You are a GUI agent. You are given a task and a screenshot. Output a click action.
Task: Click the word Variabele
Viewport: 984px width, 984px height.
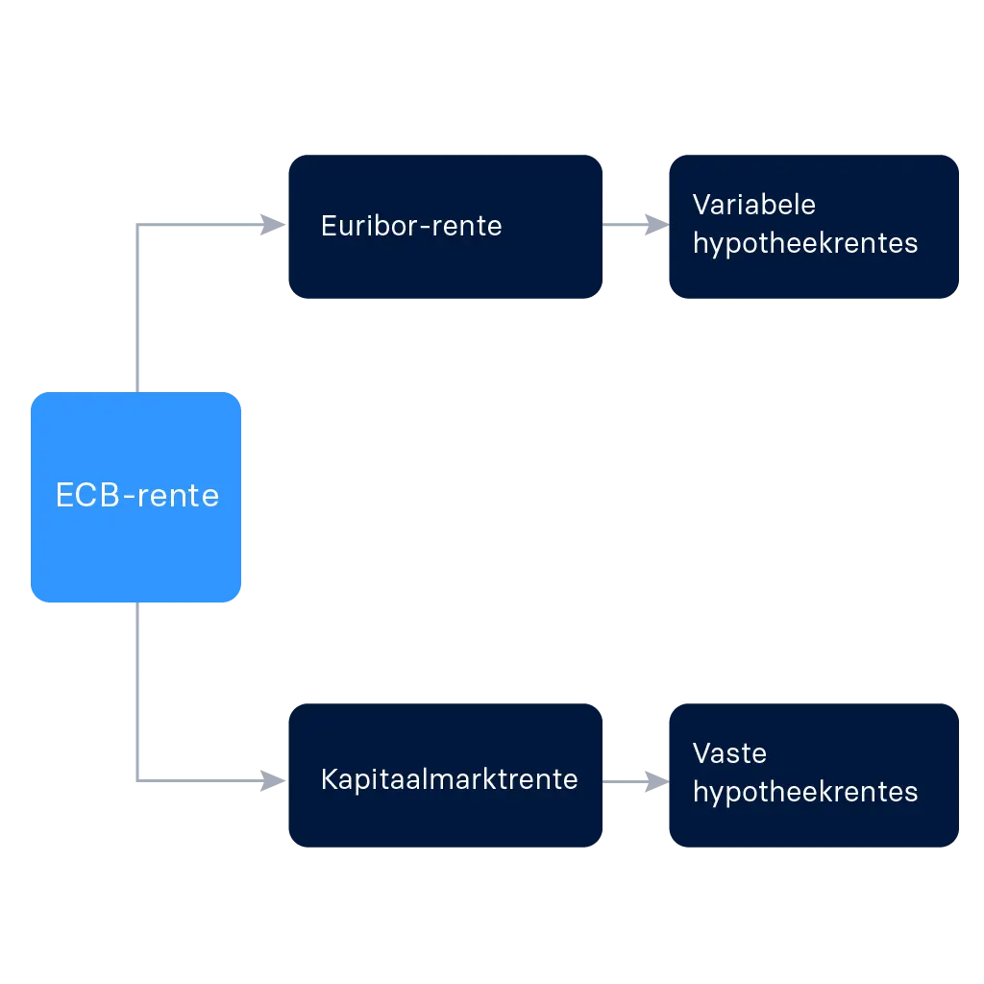click(x=753, y=205)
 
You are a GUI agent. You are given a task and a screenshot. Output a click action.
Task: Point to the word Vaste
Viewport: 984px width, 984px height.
click(x=729, y=752)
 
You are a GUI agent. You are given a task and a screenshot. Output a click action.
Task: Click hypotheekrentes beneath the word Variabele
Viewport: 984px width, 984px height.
click(x=805, y=243)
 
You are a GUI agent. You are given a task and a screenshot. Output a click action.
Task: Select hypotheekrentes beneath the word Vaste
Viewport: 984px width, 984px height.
click(x=805, y=792)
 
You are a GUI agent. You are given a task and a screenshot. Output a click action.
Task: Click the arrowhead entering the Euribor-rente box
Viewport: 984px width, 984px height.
click(x=268, y=226)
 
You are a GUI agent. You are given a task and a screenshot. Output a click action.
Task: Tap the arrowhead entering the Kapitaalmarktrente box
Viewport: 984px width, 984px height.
click(x=268, y=779)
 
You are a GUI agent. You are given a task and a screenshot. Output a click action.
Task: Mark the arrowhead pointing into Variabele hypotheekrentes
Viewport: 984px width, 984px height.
click(x=652, y=226)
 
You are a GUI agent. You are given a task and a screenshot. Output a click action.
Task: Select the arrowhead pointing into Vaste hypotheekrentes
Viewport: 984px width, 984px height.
click(x=652, y=779)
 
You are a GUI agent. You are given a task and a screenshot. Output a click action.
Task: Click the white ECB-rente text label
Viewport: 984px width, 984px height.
click(x=136, y=496)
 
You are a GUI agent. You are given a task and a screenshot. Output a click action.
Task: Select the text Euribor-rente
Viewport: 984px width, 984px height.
click(x=411, y=226)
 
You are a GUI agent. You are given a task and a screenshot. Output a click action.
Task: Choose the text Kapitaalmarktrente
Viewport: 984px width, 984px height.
click(x=449, y=779)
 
